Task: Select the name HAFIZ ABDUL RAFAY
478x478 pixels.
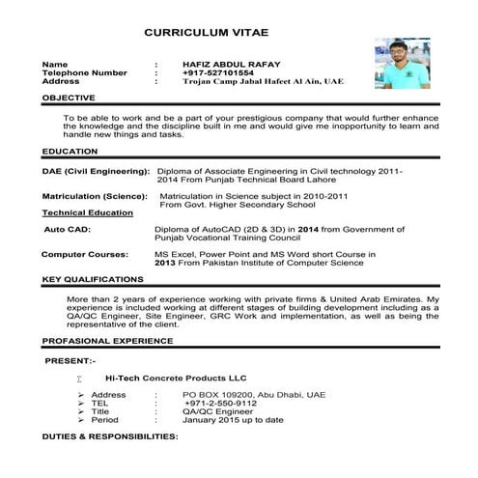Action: tap(226, 64)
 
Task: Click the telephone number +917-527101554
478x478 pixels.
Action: tap(218, 72)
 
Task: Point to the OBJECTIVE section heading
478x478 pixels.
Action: tap(69, 98)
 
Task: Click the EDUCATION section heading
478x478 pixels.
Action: tap(70, 152)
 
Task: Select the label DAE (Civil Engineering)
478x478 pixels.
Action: tap(96, 170)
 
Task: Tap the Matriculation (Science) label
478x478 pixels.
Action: tap(95, 196)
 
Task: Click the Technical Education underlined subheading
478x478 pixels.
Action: tap(88, 212)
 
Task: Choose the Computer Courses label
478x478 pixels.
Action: tap(85, 254)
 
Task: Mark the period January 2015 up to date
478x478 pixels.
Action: tap(238, 421)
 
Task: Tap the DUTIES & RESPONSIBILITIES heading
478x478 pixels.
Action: tap(110, 437)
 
